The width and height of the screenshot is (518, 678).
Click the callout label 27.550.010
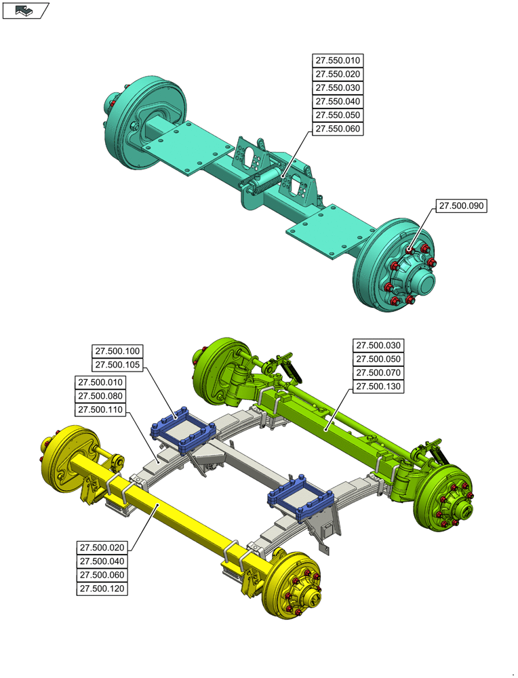pyautogui.click(x=336, y=61)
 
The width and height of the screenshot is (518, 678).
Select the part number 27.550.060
pyautogui.click(x=336, y=129)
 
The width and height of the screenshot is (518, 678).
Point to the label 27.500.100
pyautogui.click(x=117, y=351)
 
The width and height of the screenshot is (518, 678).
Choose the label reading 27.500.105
pyautogui.click(x=117, y=365)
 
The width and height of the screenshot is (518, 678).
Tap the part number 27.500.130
pyautogui.click(x=379, y=386)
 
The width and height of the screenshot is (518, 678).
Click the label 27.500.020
pyautogui.click(x=102, y=548)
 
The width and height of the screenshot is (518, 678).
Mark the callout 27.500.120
pyautogui.click(x=102, y=589)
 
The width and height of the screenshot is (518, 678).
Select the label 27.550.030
pyautogui.click(x=336, y=88)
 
